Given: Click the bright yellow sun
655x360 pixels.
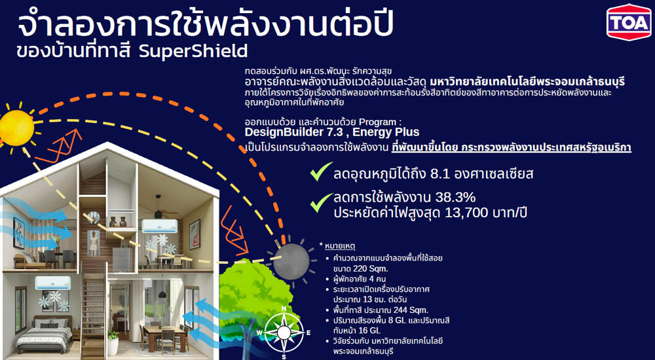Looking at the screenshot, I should (14, 124).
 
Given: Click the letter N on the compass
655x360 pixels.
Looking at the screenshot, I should (284, 309).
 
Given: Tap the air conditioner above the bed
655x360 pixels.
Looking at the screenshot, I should (52, 282).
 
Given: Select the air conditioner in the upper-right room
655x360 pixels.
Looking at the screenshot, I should (158, 226).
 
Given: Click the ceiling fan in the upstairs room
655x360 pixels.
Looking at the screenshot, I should (158, 213).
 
